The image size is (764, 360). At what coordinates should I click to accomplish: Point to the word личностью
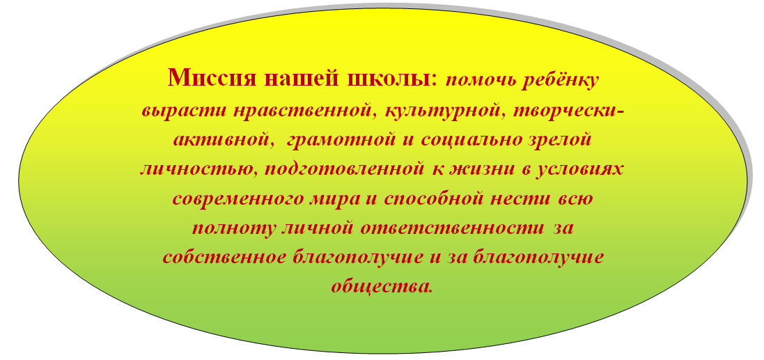pyautogui.click(x=196, y=171)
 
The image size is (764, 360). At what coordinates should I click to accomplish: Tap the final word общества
pyautogui.click(x=382, y=285)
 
